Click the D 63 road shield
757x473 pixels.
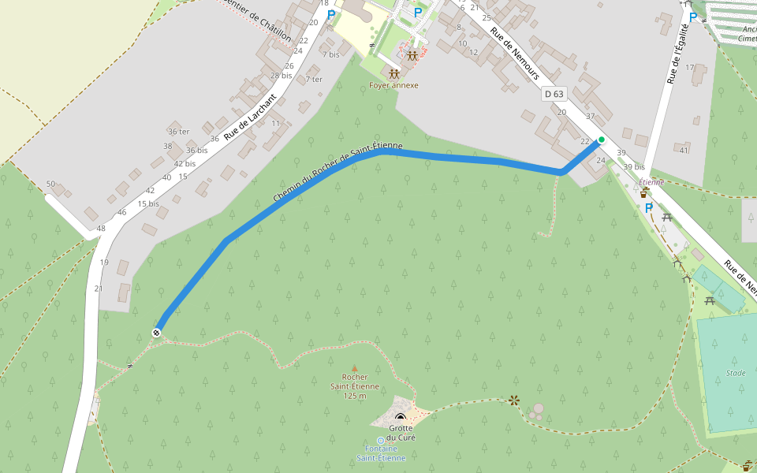pos(554,94)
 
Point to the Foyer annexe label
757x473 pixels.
pos(393,85)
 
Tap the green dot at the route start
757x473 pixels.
pos(602,140)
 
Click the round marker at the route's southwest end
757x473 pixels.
pos(157,333)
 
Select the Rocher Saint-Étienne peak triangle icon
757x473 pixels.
pos(354,367)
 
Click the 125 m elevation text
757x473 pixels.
pos(355,396)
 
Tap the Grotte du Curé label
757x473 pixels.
pos(401,433)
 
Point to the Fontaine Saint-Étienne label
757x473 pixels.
pos(381,453)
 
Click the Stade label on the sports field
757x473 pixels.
pos(736,373)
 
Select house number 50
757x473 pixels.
pos(50,184)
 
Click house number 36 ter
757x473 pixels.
pos(179,131)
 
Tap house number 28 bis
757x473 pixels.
pos(281,76)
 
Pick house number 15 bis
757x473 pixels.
pos(148,203)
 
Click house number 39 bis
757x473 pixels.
pos(633,167)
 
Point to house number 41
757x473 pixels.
pos(684,151)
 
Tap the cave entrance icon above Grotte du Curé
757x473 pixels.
pos(401,417)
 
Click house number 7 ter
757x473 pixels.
pos(314,79)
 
